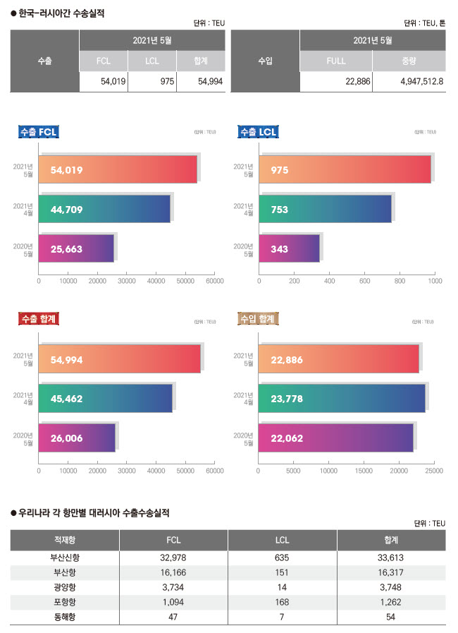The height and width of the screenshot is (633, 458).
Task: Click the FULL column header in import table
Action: [336, 61]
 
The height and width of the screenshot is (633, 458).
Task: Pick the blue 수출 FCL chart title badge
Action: [39, 132]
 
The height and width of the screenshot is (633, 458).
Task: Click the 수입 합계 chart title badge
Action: [258, 320]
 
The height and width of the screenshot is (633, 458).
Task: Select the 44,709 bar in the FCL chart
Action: [104, 209]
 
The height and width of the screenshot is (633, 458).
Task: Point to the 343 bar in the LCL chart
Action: [289, 249]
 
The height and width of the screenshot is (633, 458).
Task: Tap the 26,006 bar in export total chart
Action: [76, 438]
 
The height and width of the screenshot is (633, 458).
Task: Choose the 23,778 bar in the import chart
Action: [342, 398]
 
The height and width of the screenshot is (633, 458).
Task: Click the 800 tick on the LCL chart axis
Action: [400, 281]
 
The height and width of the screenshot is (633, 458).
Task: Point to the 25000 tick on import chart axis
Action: [434, 469]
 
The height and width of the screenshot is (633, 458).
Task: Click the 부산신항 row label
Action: [65, 557]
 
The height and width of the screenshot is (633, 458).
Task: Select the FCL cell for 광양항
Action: [174, 587]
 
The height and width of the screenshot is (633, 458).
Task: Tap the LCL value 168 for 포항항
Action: [283, 602]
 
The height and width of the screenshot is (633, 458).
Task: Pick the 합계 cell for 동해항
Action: [391, 617]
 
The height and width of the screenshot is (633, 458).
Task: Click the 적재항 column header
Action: [65, 540]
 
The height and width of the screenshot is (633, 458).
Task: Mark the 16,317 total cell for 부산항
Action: [391, 572]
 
